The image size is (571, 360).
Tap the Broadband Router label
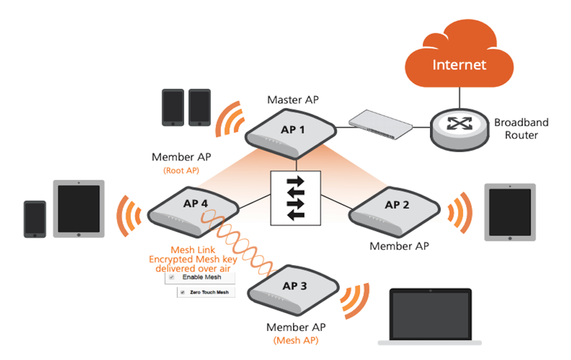coord(521,128)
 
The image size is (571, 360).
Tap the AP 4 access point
coord(193,208)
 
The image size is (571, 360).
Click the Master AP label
coord(293,100)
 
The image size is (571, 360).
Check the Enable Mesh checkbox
coord(172,277)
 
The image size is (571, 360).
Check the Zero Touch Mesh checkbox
coord(183,292)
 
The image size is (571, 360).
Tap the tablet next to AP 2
coord(509,212)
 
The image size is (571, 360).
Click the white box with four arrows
coord(295,197)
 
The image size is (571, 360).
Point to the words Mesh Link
coord(193,250)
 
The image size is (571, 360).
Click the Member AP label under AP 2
coord(399,246)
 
